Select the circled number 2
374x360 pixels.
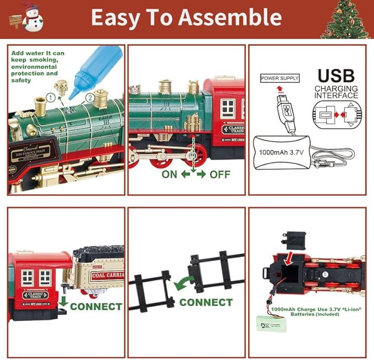point(90,99)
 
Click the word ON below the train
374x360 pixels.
point(170,174)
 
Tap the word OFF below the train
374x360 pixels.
point(220,174)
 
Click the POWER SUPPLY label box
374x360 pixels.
point(280,78)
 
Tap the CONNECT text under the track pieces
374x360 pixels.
point(206,302)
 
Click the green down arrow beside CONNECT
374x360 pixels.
point(63,301)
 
